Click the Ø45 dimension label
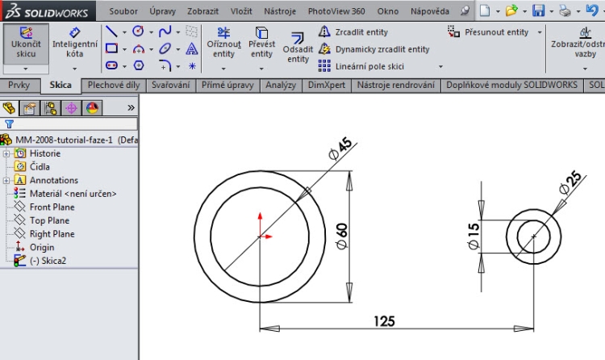[x=342, y=148]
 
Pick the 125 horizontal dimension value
[x=385, y=321]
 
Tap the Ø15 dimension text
[x=474, y=235]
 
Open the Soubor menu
[x=123, y=11]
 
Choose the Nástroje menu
[x=279, y=11]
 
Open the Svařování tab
[x=171, y=86]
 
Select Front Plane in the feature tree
[x=52, y=207]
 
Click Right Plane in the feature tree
[x=52, y=234]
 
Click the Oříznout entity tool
[x=223, y=47]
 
